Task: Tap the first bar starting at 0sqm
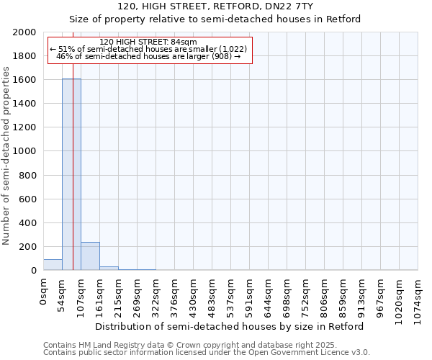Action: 53,265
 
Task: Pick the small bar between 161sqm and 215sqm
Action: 109,268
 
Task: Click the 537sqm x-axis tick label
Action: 231,293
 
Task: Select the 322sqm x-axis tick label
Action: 156,293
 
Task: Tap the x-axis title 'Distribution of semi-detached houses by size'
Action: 229,326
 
